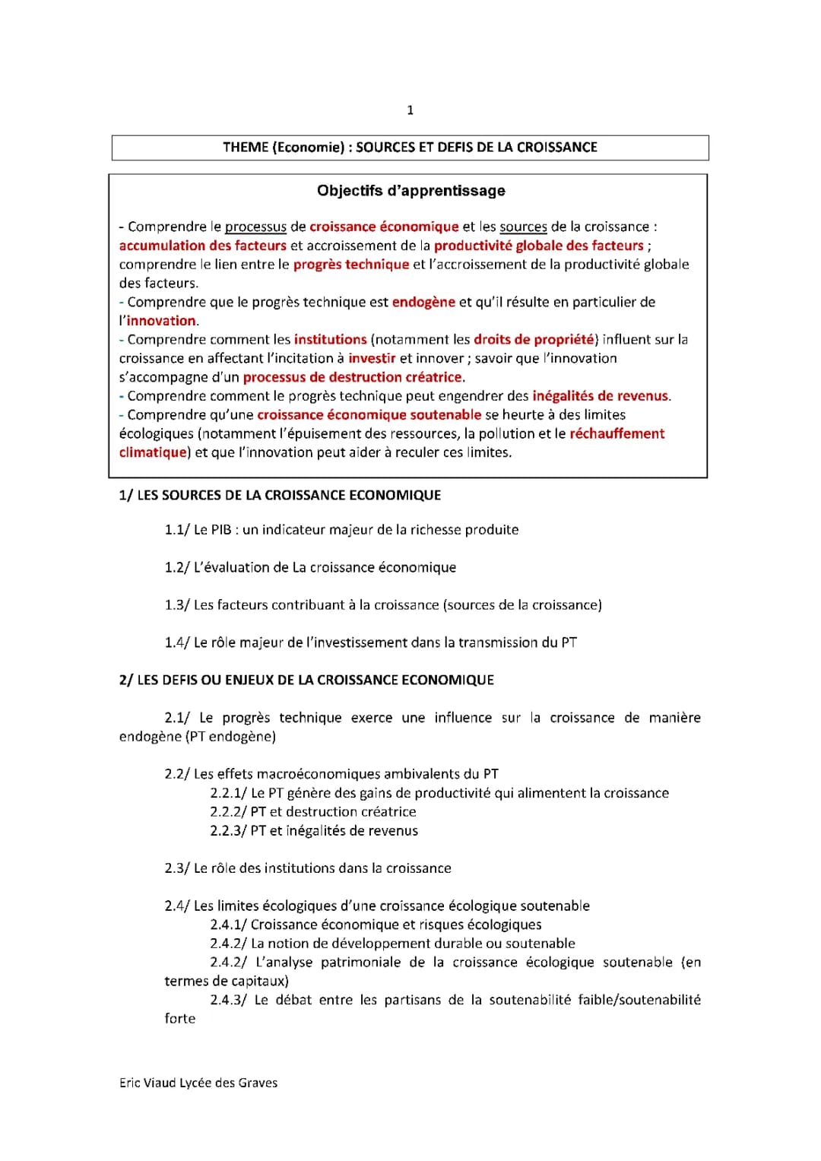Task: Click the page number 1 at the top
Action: pyautogui.click(x=410, y=110)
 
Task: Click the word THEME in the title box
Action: pyautogui.click(x=245, y=148)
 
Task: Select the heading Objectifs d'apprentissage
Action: pyautogui.click(x=410, y=191)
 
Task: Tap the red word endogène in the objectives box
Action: pyautogui.click(x=423, y=302)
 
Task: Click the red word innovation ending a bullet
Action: pyautogui.click(x=161, y=321)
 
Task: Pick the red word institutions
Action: pyautogui.click(x=330, y=339)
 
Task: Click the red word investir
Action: pyautogui.click(x=372, y=358)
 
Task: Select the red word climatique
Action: pyautogui.click(x=153, y=452)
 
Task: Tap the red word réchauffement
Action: pyautogui.click(x=617, y=433)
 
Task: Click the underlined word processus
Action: pyautogui.click(x=255, y=227)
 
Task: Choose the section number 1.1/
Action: pyautogui.click(x=176, y=530)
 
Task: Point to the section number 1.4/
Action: pyautogui.click(x=176, y=642)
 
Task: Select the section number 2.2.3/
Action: pyautogui.click(x=228, y=831)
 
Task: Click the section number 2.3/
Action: pyautogui.click(x=176, y=868)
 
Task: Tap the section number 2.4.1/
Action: pyautogui.click(x=228, y=925)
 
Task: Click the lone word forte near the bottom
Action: pyautogui.click(x=180, y=1019)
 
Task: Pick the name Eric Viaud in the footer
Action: pyautogui.click(x=147, y=1083)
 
